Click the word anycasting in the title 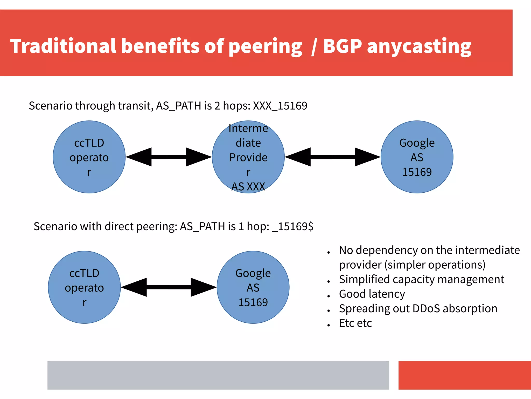click(419, 46)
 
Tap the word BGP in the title click(342, 46)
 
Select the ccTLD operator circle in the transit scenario click(89, 157)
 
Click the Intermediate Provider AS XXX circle click(248, 157)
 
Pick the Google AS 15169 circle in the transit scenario click(417, 157)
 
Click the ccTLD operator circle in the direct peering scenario click(84, 287)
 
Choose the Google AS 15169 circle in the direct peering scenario click(253, 287)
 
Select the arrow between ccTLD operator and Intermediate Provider click(169, 157)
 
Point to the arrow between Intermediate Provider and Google click(333, 157)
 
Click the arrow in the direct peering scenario click(169, 287)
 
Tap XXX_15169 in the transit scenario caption click(280, 106)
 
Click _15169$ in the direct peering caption click(293, 226)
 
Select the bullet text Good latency click(372, 294)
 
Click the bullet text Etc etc click(355, 323)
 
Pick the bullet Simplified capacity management click(422, 279)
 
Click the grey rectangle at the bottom click(218, 375)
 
